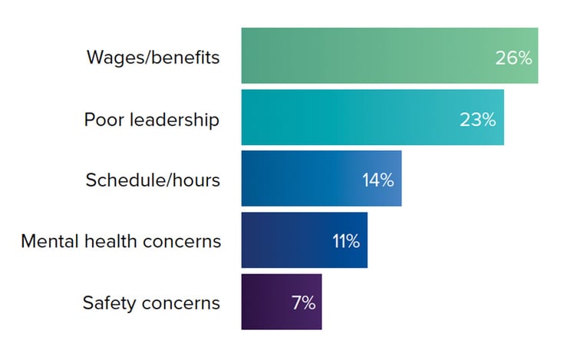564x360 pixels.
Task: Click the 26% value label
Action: pyautogui.click(x=513, y=58)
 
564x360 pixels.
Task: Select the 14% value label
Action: pyautogui.click(x=378, y=180)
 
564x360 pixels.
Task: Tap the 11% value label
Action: pyautogui.click(x=345, y=242)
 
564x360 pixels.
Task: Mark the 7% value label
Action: pyautogui.click(x=303, y=303)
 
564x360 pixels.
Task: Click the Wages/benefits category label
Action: pyautogui.click(x=153, y=58)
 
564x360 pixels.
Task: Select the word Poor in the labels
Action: pyautogui.click(x=101, y=120)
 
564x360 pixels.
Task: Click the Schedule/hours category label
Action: pyautogui.click(x=153, y=180)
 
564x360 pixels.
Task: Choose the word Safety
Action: pyautogui.click(x=108, y=303)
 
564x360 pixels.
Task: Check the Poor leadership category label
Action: pyautogui.click(x=151, y=120)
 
